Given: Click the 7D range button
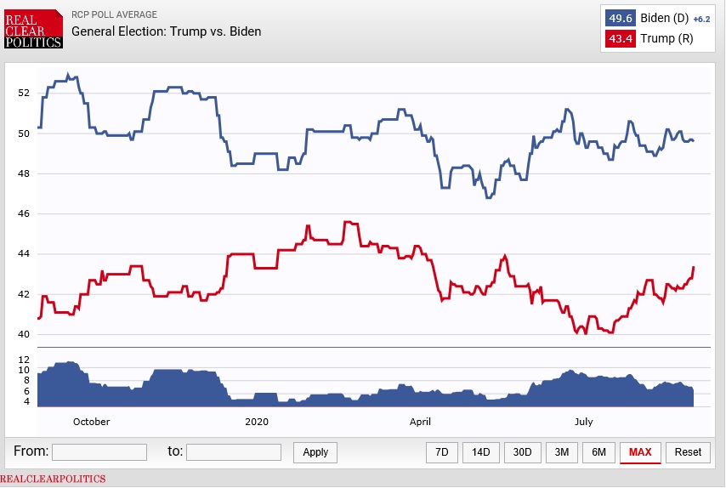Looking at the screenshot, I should tap(442, 452).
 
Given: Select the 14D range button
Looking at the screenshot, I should tap(481, 452).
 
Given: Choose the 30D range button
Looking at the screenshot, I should tap(522, 452).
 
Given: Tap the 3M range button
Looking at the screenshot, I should tap(561, 452).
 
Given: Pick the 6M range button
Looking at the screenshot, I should tap(598, 452).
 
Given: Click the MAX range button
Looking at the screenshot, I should tap(640, 452).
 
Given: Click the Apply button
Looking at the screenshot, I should tap(315, 452).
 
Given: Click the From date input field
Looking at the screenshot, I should tap(99, 452).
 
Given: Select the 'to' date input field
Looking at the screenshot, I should tap(234, 452).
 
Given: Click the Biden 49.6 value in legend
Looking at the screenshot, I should tap(621, 19).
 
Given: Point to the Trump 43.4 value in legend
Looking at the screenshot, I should tap(621, 39).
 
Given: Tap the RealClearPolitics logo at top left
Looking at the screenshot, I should tap(33, 29).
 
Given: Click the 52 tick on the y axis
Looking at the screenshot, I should tap(25, 93).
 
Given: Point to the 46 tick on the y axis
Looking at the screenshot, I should tap(25, 213).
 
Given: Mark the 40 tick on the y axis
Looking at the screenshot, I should tap(25, 334).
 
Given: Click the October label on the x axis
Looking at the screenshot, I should tap(91, 422).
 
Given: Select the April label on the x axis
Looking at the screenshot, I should tap(420, 422).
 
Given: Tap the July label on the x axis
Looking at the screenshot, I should tap(583, 422).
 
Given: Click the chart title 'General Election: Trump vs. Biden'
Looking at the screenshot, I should tap(166, 31).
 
